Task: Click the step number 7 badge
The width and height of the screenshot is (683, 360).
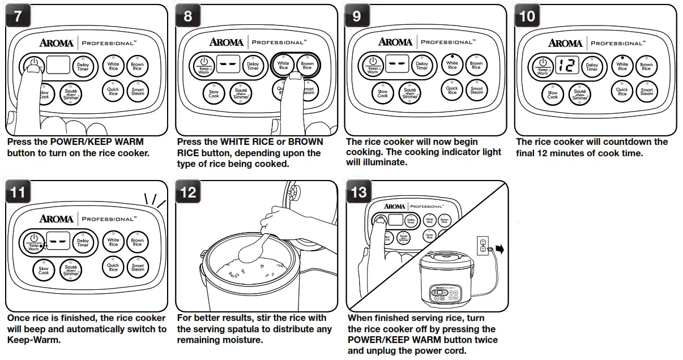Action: pos(18,16)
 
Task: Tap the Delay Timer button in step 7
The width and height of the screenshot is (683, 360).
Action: pos(83,67)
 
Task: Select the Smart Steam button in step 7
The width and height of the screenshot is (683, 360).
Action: pos(138,91)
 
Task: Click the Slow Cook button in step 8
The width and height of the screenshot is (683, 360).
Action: pos(214,93)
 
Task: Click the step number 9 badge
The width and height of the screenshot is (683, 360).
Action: pos(357,16)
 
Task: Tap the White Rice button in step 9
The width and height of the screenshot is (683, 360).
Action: pos(452,66)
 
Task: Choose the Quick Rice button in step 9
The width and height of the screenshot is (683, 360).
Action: pos(452,89)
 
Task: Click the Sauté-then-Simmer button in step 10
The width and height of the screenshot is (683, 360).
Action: pos(580,94)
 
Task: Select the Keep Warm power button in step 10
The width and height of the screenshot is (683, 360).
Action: pos(542,66)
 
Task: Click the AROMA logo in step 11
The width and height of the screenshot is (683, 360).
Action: pos(56,218)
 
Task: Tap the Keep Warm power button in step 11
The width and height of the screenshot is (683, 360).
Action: pos(33,242)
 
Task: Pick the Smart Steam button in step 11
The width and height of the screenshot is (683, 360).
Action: pos(138,267)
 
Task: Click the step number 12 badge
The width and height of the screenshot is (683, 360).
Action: pos(188,192)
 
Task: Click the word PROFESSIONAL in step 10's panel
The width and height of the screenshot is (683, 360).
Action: pos(617,43)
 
